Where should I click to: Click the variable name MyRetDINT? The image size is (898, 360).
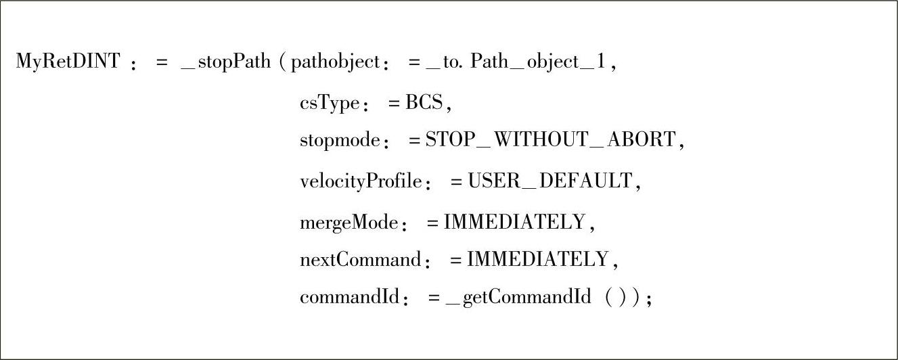click(x=68, y=62)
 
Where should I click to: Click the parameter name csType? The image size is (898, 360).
click(x=329, y=103)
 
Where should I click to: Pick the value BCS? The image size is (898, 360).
click(x=424, y=103)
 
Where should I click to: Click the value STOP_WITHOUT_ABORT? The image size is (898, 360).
click(x=550, y=140)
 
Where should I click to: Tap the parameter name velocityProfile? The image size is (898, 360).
click(x=361, y=181)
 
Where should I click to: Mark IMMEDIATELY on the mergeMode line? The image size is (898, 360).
click(x=514, y=221)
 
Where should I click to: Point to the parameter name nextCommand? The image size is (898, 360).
click(x=360, y=259)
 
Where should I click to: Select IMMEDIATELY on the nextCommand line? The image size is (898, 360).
click(x=537, y=259)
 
